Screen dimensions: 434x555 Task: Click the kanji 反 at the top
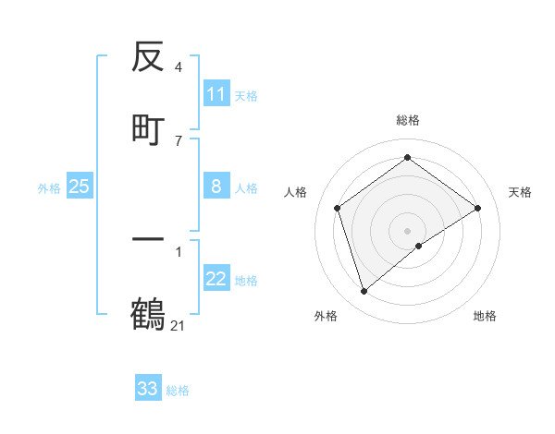coord(148,58)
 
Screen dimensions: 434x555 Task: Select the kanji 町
coord(148,128)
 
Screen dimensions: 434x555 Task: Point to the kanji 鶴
coord(148,314)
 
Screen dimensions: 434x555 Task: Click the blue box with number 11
coord(216,94)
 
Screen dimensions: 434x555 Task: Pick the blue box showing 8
coord(216,187)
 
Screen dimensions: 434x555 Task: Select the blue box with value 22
coord(216,279)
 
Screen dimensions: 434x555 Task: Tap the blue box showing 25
coord(80,187)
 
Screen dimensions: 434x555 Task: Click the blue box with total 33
coord(148,389)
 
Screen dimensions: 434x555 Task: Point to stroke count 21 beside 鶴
coord(179,325)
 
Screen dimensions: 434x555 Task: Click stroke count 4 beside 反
coord(178,67)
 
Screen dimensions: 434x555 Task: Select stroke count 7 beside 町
coord(178,140)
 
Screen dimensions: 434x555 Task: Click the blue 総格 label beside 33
coord(178,391)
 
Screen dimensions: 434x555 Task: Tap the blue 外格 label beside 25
coord(49,188)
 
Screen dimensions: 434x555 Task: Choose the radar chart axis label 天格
coord(520,192)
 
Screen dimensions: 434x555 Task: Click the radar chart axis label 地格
coord(485,316)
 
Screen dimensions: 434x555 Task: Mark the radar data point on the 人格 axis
coord(338,208)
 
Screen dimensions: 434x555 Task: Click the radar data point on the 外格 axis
coord(364,292)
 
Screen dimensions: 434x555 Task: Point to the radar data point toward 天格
coord(477,208)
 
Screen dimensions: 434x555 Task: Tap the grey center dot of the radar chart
coord(408,230)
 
